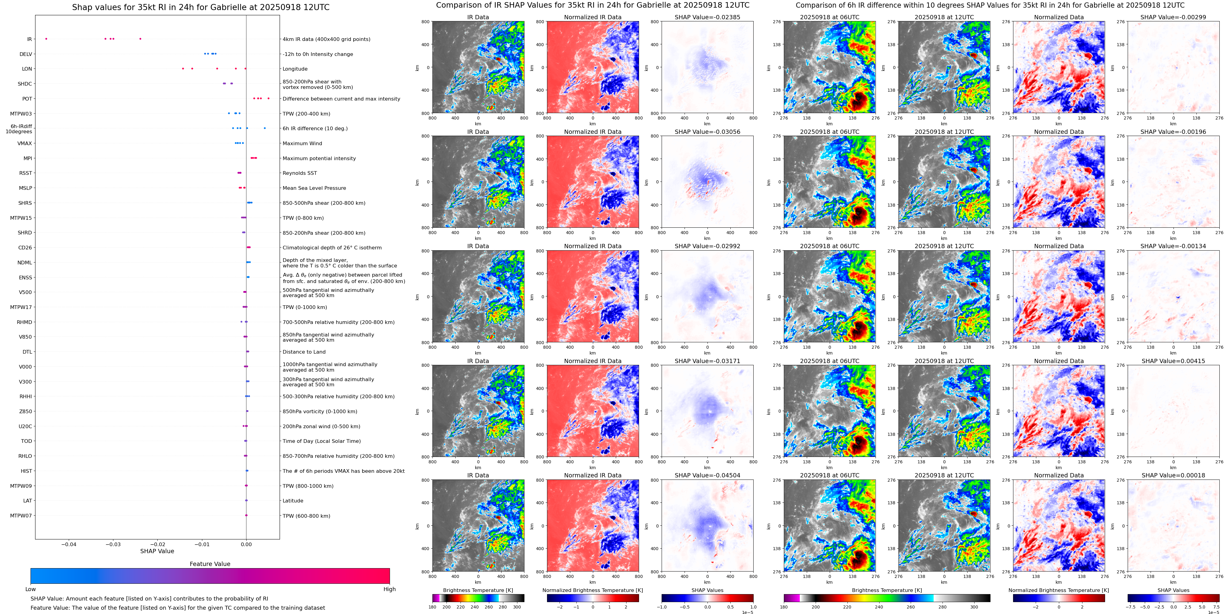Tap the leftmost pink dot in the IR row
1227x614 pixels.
46,39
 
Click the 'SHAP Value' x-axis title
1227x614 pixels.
157,551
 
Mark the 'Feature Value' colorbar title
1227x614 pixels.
210,564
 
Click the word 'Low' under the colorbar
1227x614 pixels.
31,589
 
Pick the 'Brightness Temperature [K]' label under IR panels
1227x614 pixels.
478,590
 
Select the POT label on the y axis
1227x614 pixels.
27,99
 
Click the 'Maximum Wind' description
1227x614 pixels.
302,143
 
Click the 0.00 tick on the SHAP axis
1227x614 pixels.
246,544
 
